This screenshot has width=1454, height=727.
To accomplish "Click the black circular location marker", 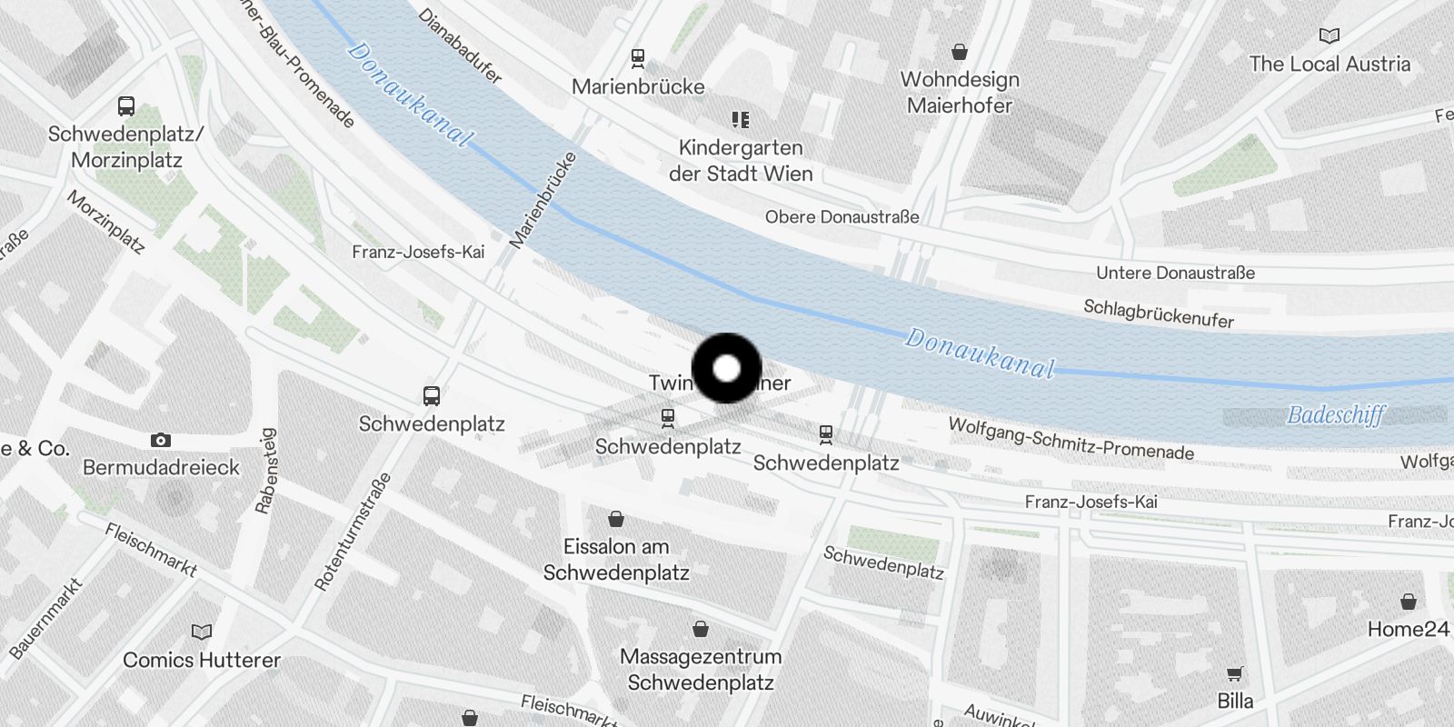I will coord(727,368).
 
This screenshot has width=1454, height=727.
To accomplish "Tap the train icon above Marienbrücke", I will coord(638,58).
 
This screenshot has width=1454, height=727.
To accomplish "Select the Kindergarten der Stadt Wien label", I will coord(741,161).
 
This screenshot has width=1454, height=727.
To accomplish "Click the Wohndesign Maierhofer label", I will coord(960,93).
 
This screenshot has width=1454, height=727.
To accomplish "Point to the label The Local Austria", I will coord(1330,65).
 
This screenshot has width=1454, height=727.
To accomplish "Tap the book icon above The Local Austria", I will coord(1330,36).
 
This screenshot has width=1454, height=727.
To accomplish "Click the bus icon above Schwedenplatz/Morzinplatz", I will coord(126,106).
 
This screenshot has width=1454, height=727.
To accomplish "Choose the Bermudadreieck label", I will coord(161,467).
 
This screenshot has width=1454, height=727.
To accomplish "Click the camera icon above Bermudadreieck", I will coord(161,441).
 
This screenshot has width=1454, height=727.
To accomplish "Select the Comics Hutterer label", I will coord(202,660).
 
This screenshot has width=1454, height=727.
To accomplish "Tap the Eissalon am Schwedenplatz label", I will coord(616,560).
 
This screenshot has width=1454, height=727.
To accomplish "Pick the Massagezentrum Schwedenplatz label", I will coord(701,670).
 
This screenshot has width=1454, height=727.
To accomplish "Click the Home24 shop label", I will coord(1408,629).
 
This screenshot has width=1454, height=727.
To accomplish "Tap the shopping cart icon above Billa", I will coord(1234,674).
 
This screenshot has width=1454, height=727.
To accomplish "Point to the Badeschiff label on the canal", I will coord(1336,415).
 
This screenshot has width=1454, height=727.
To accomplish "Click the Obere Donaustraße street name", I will coord(842,217).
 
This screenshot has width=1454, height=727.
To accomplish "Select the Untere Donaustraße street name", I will coord(1175,273).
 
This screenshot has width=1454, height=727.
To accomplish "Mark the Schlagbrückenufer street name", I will coord(1159,314).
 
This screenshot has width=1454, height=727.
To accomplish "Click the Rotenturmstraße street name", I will coord(352,533).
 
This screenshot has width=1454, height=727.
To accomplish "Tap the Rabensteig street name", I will coord(265,472).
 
